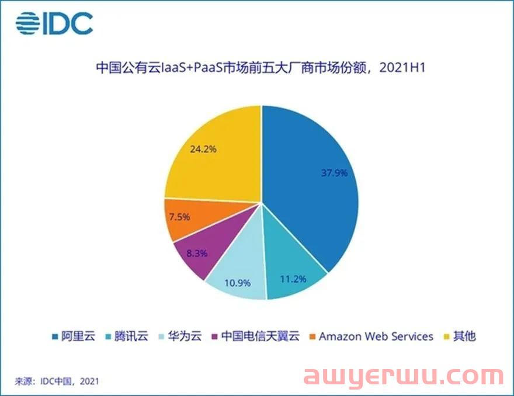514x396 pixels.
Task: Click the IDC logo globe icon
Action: (27, 23)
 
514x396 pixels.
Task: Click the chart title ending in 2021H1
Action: (261, 68)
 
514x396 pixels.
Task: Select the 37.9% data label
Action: (334, 173)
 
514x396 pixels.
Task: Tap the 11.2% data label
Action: (293, 279)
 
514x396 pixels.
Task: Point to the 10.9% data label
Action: (237, 283)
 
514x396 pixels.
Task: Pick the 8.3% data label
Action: (197, 253)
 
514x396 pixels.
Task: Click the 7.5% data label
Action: (179, 217)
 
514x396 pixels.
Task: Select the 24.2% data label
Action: (203, 149)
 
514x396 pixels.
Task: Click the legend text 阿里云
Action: (78, 336)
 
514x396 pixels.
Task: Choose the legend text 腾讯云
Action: (131, 336)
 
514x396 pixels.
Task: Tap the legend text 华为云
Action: (185, 336)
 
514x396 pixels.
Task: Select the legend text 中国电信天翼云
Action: (261, 336)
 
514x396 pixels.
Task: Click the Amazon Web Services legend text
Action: (376, 336)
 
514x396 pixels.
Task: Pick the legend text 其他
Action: (464, 336)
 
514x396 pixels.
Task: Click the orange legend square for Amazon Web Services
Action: (312, 336)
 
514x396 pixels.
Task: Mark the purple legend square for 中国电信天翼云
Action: (215, 336)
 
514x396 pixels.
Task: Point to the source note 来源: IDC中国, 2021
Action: (57, 381)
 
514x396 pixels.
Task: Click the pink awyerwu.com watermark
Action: (403, 376)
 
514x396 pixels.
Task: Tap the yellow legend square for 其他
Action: (446, 336)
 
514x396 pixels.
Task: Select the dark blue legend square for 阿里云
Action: (55, 336)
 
